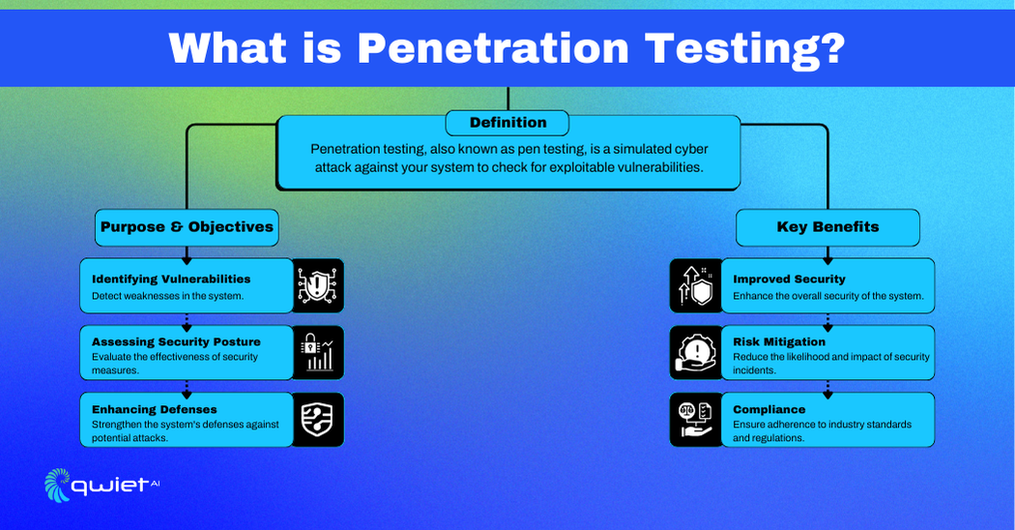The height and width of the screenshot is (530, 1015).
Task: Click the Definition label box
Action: pyautogui.click(x=507, y=123)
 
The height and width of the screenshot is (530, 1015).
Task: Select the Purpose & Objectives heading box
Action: pyautogui.click(x=188, y=227)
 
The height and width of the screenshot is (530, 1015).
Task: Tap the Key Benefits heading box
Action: pyautogui.click(x=827, y=227)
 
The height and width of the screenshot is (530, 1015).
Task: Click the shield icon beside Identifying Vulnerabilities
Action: pyautogui.click(x=318, y=285)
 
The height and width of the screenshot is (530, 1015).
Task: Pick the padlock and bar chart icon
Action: pyautogui.click(x=318, y=352)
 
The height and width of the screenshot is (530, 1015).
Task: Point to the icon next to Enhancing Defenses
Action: pyautogui.click(x=318, y=420)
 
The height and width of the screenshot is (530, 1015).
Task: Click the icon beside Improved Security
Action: pyautogui.click(x=696, y=285)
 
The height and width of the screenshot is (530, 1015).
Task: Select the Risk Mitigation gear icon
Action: pyautogui.click(x=696, y=352)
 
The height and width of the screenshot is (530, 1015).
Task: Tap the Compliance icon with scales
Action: pyautogui.click(x=696, y=420)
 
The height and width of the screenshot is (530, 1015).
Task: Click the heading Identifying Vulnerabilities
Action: pyautogui.click(x=171, y=280)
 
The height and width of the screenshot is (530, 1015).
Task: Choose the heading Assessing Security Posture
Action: pyautogui.click(x=176, y=341)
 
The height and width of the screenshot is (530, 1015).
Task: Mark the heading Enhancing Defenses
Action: pyautogui.click(x=154, y=409)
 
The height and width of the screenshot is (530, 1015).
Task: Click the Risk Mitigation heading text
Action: pyautogui.click(x=779, y=341)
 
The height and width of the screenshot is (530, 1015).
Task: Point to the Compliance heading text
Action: pyautogui.click(x=769, y=409)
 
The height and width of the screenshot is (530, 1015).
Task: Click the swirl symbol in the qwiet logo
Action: pyautogui.click(x=57, y=485)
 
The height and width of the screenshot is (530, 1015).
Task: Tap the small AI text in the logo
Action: pyautogui.click(x=154, y=484)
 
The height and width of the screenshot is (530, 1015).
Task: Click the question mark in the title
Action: pyautogui.click(x=833, y=47)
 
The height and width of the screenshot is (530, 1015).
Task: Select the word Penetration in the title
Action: pyautogui.click(x=493, y=48)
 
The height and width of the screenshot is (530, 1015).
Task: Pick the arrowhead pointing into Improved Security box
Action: pyautogui.click(x=827, y=261)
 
